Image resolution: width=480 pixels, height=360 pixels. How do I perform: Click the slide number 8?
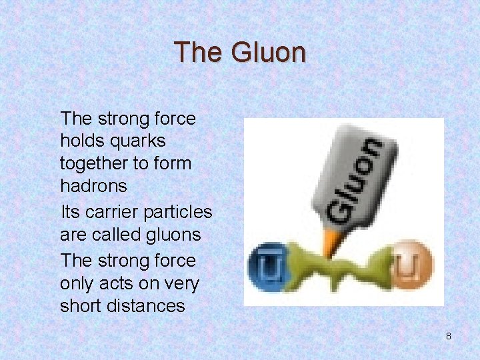448,336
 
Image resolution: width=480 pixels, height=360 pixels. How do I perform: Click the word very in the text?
183,283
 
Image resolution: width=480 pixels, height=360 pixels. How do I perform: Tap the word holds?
79,141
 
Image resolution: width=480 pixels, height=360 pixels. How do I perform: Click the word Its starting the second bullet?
70,213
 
